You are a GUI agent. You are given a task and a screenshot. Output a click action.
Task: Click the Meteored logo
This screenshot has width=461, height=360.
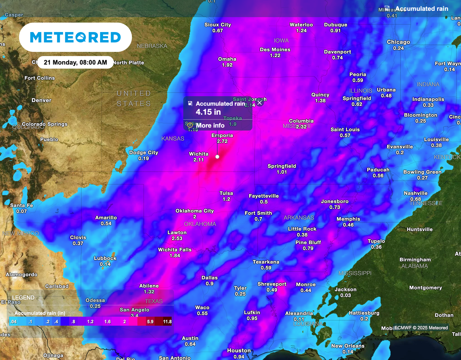click(75, 37)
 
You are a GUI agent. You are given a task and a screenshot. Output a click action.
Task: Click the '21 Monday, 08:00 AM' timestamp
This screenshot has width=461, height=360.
click(75, 63)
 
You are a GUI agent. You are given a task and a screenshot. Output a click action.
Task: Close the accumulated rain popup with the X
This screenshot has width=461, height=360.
click(259, 103)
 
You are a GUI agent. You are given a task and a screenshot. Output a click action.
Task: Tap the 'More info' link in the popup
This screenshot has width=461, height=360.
click(210, 126)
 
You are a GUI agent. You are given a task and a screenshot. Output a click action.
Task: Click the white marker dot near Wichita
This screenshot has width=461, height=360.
click(217, 157)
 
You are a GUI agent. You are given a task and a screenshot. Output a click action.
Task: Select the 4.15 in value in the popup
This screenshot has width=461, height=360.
click(208, 112)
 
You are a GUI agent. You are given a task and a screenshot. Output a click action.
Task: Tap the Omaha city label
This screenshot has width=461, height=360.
click(227, 59)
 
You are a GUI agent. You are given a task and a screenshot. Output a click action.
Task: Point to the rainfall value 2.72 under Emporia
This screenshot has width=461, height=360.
click(222, 141)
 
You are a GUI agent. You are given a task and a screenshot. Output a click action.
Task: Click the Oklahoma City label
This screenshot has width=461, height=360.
click(194, 211)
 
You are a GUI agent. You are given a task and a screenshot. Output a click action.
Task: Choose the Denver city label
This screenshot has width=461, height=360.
click(41, 100)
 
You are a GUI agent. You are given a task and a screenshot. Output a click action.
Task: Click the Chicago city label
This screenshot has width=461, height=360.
click(398, 42)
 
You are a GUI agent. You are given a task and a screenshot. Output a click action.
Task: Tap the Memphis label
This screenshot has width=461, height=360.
click(348, 219)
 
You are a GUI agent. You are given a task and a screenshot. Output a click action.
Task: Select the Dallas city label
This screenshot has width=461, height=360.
click(210, 278)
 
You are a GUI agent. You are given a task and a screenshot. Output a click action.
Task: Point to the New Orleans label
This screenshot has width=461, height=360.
click(348, 346)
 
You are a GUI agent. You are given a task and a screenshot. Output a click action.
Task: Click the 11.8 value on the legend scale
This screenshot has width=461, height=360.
click(167, 321)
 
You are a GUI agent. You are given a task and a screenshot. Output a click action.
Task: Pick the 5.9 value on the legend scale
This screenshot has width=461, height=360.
click(150, 321)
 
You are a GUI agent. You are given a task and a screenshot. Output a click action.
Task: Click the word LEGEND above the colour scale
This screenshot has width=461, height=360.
click(23, 298)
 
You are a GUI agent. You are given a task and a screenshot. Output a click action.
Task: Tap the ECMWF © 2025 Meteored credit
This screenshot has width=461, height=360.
click(421, 328)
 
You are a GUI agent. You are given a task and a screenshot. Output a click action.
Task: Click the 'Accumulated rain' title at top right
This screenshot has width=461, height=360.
click(422, 9)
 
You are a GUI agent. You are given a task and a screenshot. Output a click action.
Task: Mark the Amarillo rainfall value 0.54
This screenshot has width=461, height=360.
click(106, 224)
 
